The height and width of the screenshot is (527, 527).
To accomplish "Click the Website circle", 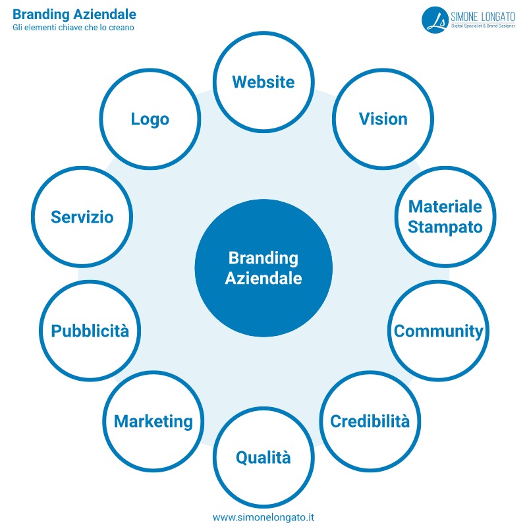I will (x=263, y=82).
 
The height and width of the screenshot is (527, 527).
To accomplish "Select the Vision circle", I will (x=383, y=119).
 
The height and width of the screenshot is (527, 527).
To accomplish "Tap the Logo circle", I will (x=150, y=119).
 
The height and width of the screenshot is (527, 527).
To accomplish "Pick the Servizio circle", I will (x=82, y=217).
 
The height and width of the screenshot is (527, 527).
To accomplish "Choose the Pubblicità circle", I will (x=90, y=331).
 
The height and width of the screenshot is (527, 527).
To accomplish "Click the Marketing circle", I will (x=153, y=421).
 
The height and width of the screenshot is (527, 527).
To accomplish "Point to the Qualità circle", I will (x=263, y=457).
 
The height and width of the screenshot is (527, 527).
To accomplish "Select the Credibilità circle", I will (x=370, y=421).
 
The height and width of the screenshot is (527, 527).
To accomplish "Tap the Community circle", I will (x=438, y=331).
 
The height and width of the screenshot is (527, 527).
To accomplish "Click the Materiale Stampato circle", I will (x=445, y=217).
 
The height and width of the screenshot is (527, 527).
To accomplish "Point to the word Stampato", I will (x=445, y=227).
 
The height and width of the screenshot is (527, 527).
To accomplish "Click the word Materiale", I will (x=445, y=206).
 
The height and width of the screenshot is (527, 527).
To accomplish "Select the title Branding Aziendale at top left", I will (x=74, y=14).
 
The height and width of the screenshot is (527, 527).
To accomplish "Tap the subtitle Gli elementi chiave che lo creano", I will (x=73, y=28).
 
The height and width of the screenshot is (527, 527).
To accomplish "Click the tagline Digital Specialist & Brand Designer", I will (x=484, y=26).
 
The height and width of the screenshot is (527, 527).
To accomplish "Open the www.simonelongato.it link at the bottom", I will (x=263, y=517).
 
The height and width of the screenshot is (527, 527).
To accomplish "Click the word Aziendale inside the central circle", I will (x=263, y=278).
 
